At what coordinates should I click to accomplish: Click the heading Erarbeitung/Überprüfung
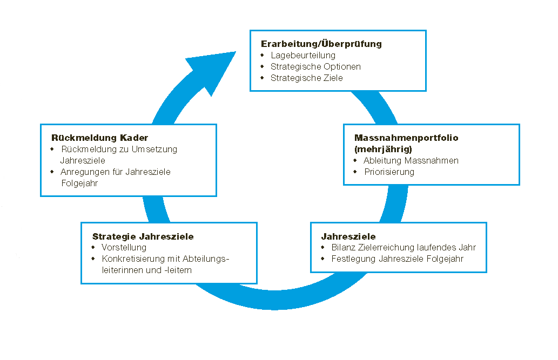[321, 44]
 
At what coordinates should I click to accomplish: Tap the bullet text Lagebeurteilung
[303, 56]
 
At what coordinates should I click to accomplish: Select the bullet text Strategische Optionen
[315, 67]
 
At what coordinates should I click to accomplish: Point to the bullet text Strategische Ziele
[307, 78]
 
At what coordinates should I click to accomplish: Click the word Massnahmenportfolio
[406, 138]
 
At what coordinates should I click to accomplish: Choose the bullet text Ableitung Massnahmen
[411, 160]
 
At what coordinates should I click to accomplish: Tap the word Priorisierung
[389, 172]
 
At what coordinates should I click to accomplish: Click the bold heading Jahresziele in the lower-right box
[348, 236]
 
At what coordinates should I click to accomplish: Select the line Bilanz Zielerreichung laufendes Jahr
[404, 248]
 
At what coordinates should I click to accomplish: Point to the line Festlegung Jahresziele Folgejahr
[398, 259]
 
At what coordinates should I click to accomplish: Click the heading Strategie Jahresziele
[143, 236]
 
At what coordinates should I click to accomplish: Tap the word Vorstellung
[124, 248]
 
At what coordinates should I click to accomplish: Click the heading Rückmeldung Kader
[99, 137]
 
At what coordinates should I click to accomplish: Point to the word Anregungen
[85, 172]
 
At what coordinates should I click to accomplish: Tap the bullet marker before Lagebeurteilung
[262, 56]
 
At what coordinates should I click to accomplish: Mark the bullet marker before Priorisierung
[355, 172]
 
